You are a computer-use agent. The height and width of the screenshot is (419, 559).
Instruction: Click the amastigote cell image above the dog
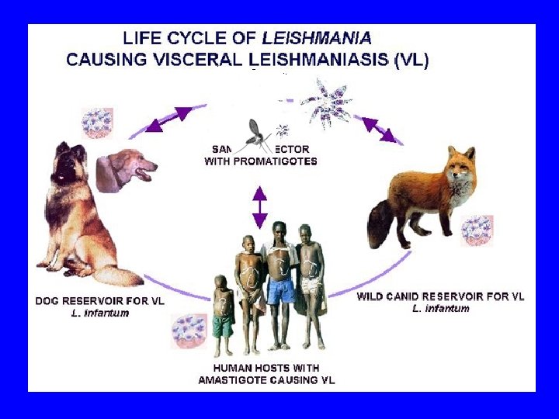point(98,123)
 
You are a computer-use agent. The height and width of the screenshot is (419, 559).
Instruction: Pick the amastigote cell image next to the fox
point(476,230)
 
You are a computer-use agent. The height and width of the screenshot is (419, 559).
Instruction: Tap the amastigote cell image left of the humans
point(189,331)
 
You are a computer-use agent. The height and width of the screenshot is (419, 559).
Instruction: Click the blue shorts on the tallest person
point(281,291)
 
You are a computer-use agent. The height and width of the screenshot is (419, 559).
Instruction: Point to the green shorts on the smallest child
point(223,325)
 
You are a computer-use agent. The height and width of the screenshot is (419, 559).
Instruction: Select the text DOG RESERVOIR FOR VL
point(100,300)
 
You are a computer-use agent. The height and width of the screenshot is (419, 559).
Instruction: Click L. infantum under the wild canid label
point(440,308)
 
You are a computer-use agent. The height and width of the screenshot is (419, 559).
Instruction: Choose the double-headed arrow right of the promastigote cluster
point(377,128)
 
